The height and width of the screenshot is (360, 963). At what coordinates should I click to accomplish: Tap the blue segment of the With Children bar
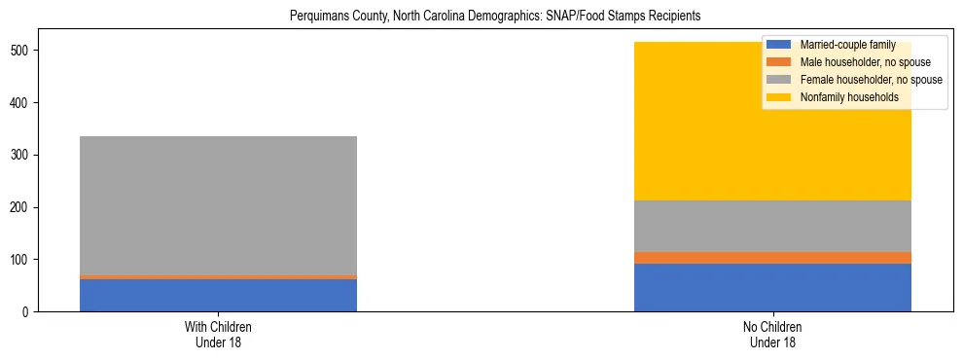click(218, 295)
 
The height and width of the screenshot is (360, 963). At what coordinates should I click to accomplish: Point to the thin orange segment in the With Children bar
click(218, 277)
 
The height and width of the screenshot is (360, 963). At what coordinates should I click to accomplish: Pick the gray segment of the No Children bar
click(772, 226)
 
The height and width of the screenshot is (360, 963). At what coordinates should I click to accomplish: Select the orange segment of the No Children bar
click(772, 258)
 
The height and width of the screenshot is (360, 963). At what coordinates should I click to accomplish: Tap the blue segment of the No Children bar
click(772, 288)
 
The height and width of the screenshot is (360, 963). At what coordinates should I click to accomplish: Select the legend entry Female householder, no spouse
click(871, 80)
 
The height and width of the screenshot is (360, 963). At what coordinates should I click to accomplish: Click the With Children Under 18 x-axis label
click(218, 335)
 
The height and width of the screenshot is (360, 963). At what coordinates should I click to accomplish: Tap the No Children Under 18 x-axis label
click(772, 335)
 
